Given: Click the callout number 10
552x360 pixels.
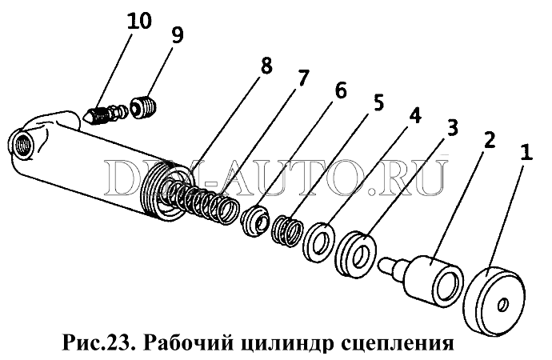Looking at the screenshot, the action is pos(139,21).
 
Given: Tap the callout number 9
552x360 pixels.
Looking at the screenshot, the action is pos(178,35).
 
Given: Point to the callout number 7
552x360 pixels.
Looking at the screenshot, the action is pos(302,78).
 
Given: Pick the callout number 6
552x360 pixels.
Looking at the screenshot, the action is pos(340,90).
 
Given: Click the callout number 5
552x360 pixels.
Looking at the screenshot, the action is pos(378,102).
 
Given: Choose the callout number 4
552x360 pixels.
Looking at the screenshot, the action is pos(415,114).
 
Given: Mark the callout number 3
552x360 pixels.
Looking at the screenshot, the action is pos(453,127).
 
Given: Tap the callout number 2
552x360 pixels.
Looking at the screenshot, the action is pos(490,140).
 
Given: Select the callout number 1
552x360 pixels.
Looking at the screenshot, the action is pos(526,152).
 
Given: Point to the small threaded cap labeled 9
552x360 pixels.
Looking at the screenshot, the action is pos(144,108).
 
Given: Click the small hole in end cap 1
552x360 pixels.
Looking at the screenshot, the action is pos(502,304).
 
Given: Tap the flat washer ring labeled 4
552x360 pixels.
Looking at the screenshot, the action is pos(319,242).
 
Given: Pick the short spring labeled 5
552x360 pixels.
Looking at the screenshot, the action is pos(287,231).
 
